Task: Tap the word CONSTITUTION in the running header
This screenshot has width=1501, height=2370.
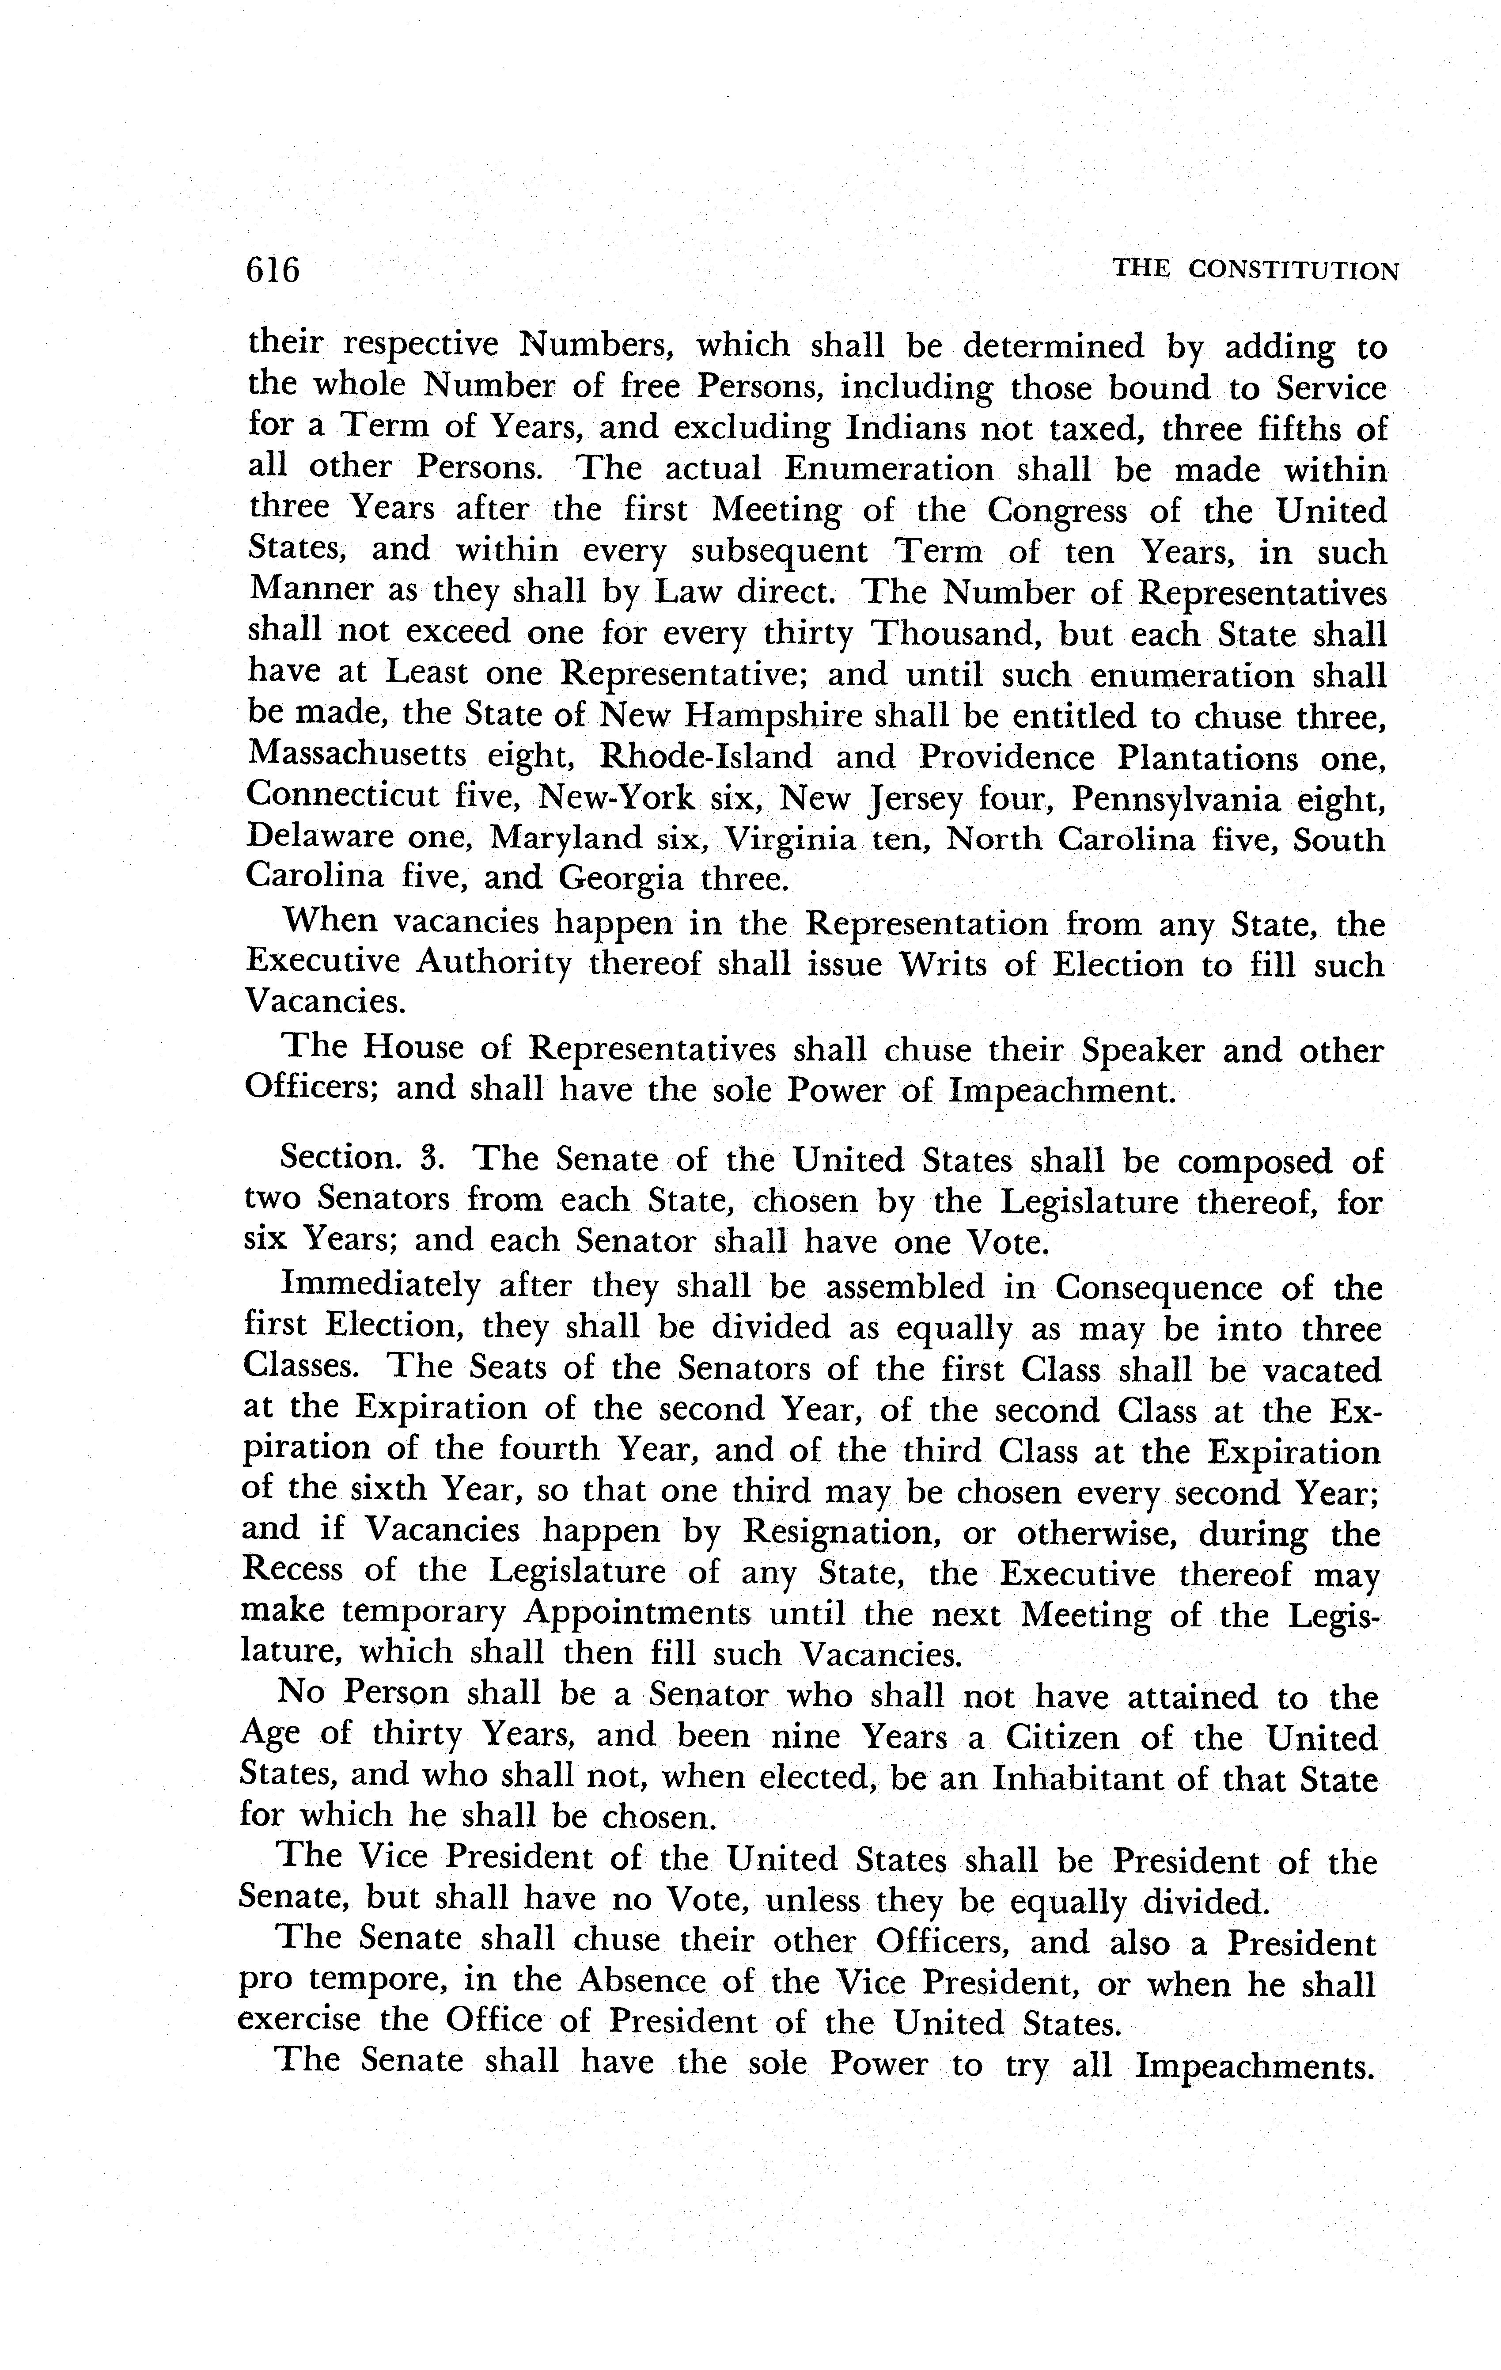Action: (x=1293, y=270)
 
